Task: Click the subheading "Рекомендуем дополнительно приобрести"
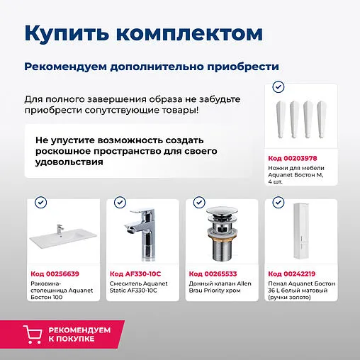[151, 67]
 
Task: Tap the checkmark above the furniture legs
[279, 86]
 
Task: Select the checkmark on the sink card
[41, 203]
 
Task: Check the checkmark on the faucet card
[120, 203]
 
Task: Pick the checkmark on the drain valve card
[199, 203]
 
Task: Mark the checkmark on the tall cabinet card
[279, 203]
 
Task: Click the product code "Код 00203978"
[293, 157]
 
